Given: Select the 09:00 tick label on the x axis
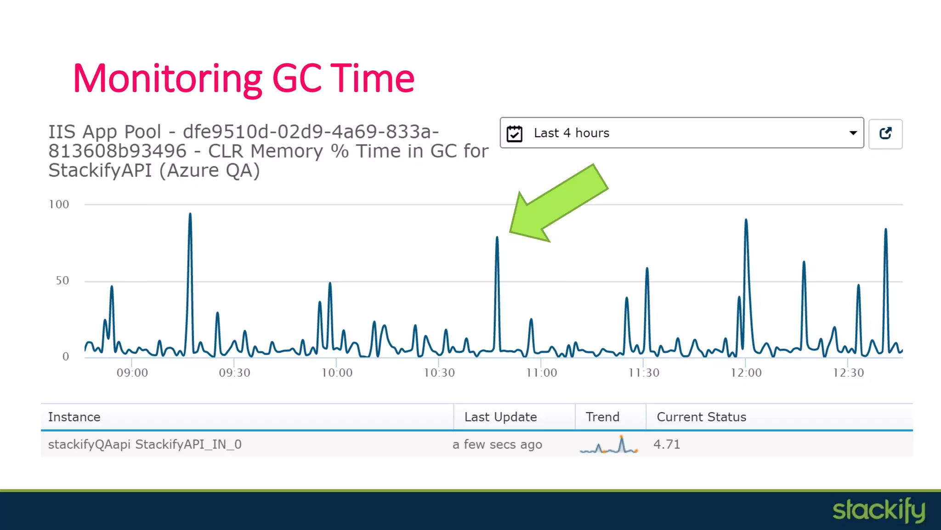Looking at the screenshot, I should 132,373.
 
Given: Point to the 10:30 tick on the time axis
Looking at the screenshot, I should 439,373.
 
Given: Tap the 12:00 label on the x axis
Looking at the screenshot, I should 746,373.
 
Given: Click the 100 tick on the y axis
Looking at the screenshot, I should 59,204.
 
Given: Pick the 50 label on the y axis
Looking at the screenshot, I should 62,281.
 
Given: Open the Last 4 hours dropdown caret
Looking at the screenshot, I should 853,133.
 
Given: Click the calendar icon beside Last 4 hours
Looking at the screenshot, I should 515,133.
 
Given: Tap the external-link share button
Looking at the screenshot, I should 885,133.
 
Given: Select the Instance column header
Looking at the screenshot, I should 74,417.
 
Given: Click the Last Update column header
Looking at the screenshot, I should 500,417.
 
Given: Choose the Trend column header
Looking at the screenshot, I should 602,417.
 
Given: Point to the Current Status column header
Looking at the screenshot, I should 701,417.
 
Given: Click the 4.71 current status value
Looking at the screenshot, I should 667,444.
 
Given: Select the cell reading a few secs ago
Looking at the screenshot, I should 497,444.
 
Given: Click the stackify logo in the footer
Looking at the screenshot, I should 879,510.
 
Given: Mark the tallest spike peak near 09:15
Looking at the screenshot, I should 190,214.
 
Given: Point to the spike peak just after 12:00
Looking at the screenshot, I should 746,220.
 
